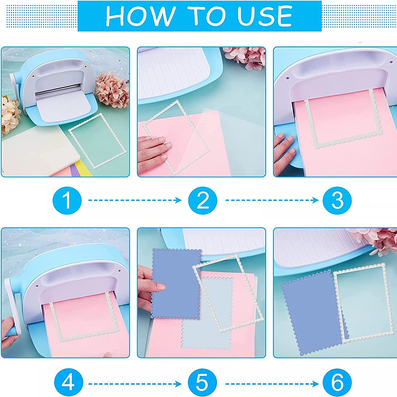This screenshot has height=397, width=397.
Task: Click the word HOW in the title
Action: [141, 16]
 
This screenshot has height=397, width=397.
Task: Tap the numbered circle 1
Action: [67, 200]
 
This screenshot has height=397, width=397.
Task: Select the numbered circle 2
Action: [203, 200]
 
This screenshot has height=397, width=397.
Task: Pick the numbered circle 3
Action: [337, 200]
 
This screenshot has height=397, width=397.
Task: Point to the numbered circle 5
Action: [202, 383]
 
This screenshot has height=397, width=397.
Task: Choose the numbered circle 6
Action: [337, 383]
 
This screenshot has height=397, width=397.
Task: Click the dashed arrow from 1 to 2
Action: [135, 200]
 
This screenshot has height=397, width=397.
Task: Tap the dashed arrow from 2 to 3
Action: [272, 200]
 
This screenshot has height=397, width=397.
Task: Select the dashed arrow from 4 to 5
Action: [135, 384]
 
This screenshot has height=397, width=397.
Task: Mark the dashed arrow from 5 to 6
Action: [272, 384]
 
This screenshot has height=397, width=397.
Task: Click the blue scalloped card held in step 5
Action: [176, 283]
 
